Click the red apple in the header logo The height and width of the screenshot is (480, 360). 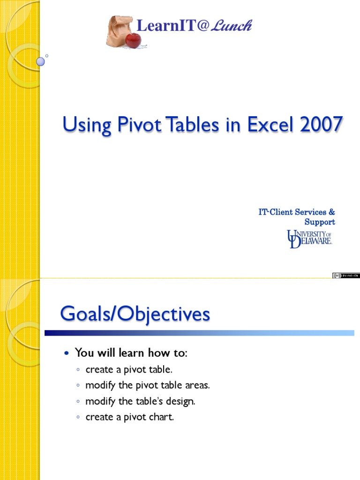pos(133,40)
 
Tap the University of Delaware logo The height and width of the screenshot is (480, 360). pos(310,239)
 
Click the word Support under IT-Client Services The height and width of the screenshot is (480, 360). pos(320,222)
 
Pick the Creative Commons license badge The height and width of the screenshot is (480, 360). pos(346,276)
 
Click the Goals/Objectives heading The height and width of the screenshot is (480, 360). pos(135,314)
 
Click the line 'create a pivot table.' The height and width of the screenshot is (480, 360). pos(126,369)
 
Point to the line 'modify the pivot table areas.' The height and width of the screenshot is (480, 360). pos(148,385)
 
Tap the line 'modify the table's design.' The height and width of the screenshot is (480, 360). pos(140,401)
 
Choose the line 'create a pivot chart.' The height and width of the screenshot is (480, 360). pos(129,417)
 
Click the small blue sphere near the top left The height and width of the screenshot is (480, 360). pos(41,61)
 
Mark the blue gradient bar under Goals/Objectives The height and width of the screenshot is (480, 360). pos(199,333)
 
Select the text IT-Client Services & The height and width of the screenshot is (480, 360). pos(297,212)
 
